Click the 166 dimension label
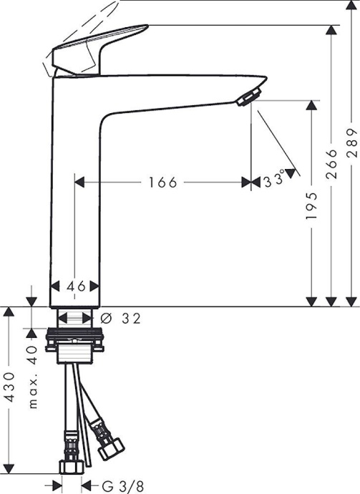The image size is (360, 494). point(162,182)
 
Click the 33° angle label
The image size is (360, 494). point(273,179)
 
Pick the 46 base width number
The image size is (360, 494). point(77,286)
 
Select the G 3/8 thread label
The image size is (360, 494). point(112,486)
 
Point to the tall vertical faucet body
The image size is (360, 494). point(75,186)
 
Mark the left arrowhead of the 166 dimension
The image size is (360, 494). point(80,182)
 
